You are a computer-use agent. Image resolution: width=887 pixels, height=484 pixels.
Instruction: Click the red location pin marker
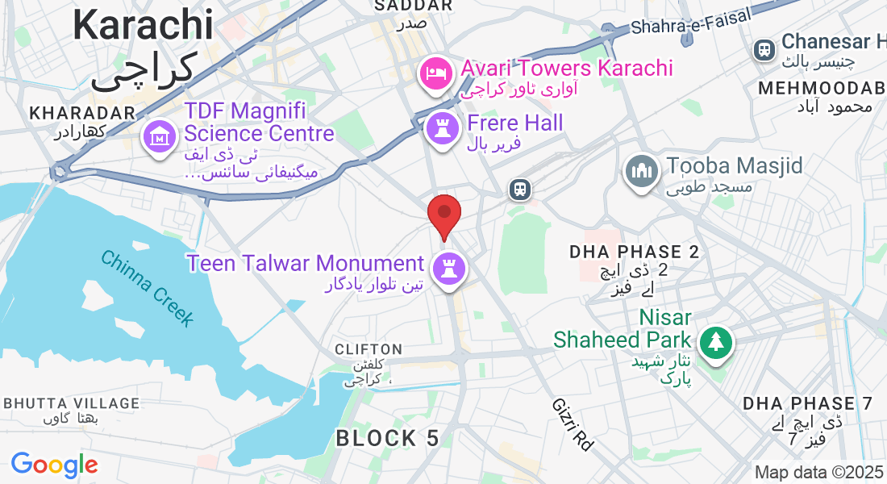pyautogui.click(x=443, y=214)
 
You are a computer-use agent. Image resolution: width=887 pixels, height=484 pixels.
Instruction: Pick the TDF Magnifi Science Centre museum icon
pyautogui.click(x=160, y=136)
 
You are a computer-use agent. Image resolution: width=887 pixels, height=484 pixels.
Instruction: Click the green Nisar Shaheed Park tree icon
pyautogui.click(x=715, y=341)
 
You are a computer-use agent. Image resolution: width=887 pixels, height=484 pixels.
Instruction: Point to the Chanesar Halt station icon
pyautogui.click(x=763, y=49)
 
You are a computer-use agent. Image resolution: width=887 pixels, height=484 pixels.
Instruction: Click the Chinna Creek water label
pyautogui.click(x=148, y=288)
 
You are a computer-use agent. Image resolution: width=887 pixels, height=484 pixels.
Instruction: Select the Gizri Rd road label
pyautogui.click(x=573, y=424)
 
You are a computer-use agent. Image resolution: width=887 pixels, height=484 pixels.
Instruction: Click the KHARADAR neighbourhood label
pyautogui.click(x=81, y=113)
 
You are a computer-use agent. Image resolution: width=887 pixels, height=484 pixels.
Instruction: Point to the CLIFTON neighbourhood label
pyautogui.click(x=369, y=349)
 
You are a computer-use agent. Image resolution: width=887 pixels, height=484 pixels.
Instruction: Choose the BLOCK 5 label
pyautogui.click(x=388, y=439)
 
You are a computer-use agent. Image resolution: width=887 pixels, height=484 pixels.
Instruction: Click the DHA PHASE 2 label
pyautogui.click(x=634, y=252)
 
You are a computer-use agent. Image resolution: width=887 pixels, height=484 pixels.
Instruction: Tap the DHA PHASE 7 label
pyautogui.click(x=808, y=403)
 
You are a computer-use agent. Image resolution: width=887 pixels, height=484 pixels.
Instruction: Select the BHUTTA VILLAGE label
pyautogui.click(x=72, y=403)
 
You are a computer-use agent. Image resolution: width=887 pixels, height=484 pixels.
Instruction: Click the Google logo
pyautogui.click(x=54, y=465)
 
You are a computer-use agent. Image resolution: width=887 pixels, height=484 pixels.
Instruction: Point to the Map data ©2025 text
pyautogui.click(x=818, y=472)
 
